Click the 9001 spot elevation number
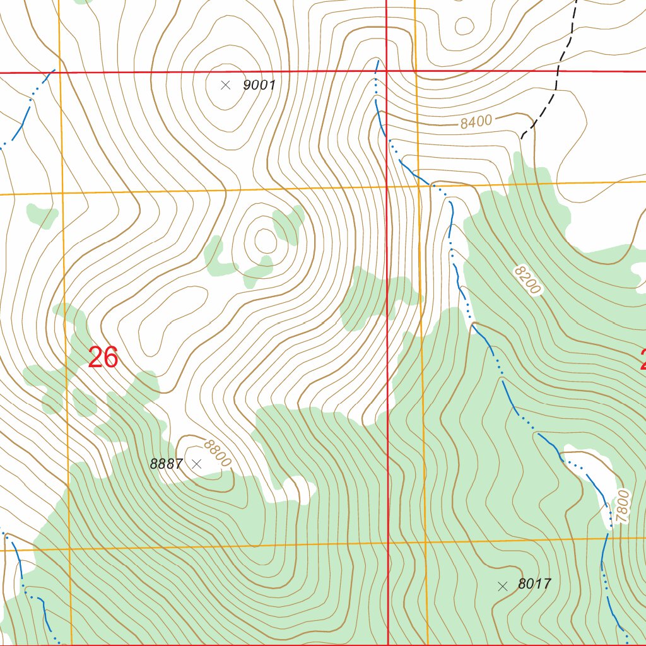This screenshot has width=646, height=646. [x=259, y=85]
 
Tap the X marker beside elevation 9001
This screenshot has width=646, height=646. [x=225, y=85]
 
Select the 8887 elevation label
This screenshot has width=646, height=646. [x=166, y=464]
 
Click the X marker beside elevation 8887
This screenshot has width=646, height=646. [x=196, y=464]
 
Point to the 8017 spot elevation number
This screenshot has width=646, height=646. [x=534, y=584]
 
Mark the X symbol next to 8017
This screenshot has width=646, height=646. [x=502, y=586]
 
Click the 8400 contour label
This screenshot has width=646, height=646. [x=476, y=122]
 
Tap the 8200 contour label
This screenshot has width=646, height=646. [x=527, y=280]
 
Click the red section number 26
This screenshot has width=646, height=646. [x=103, y=358]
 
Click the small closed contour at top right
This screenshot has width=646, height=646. [x=464, y=26]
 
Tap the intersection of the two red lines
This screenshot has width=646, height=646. [x=386, y=72]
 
